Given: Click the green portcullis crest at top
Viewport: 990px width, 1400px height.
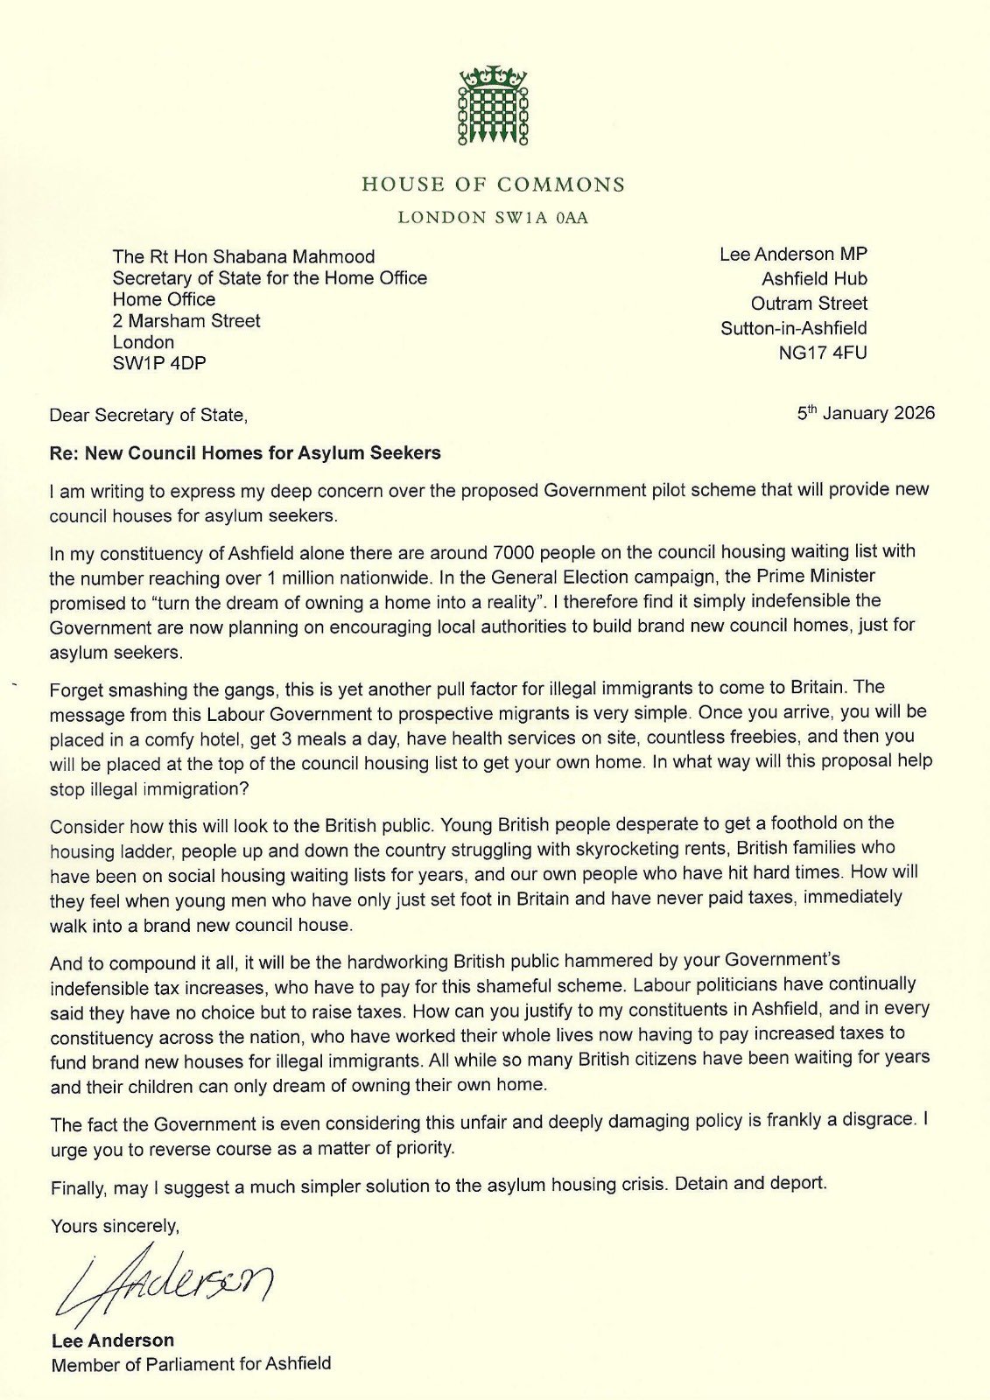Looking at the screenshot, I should pos(494,106).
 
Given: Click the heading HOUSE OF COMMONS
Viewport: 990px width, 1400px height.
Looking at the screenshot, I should pos(494,185).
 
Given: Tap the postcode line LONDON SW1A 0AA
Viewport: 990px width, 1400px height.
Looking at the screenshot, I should pos(493,218).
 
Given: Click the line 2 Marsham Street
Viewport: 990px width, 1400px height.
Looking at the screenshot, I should pos(186,320).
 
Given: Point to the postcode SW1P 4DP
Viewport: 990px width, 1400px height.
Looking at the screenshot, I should pos(158,363).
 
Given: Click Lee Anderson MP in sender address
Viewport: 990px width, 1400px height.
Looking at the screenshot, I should pos(793,254).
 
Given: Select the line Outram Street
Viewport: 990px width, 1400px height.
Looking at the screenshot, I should pos(809,304).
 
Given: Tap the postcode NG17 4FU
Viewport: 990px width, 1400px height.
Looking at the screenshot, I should pos(823,353).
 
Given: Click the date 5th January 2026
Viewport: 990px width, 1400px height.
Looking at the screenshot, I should pos(865,413).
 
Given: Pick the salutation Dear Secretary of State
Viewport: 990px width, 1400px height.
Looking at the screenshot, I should pos(148,415).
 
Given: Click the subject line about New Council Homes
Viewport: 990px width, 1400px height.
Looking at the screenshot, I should pos(245,453).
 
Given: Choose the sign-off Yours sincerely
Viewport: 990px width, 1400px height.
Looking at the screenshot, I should pos(115,1226).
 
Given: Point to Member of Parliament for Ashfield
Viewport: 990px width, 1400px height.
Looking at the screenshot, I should pos(191,1364).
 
